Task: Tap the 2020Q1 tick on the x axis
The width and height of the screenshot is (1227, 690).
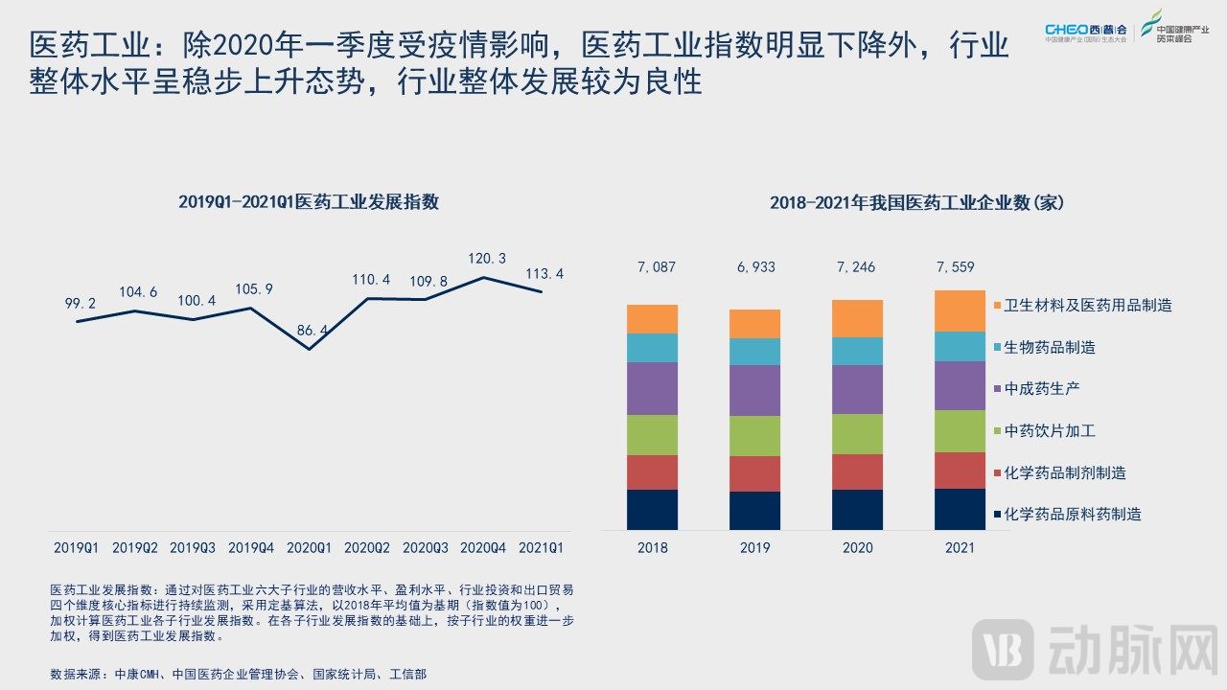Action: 309,548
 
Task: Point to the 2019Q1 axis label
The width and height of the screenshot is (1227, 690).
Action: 76,548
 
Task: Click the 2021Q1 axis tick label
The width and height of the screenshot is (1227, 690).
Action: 541,548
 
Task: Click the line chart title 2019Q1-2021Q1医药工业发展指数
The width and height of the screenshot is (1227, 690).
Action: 309,202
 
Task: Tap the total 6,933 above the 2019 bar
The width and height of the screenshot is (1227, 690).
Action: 754,267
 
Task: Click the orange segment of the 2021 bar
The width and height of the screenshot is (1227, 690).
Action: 960,310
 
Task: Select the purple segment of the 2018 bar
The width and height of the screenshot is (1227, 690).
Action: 652,388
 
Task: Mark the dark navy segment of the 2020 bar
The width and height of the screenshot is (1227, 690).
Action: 857,510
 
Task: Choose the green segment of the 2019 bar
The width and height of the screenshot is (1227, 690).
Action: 754,436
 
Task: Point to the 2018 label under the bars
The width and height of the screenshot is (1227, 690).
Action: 652,548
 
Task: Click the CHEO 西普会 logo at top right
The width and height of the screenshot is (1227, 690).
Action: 1086,33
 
